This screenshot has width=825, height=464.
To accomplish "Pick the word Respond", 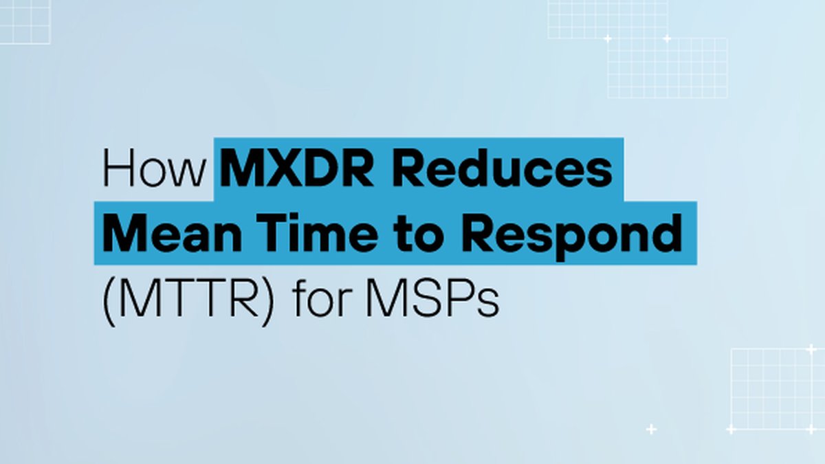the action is coord(571,236).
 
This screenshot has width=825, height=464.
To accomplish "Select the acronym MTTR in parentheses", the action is coord(189,298).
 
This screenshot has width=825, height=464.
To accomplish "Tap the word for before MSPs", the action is coord(320,297).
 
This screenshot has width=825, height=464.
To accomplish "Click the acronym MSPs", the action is coord(432,298).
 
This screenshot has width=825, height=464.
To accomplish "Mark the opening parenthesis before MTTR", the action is coord(108,301).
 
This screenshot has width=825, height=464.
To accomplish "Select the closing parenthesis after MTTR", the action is coord(268,301).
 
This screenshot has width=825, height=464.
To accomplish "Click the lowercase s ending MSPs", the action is coord(488,303).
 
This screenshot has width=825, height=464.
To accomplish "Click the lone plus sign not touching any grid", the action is coord(651,429).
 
